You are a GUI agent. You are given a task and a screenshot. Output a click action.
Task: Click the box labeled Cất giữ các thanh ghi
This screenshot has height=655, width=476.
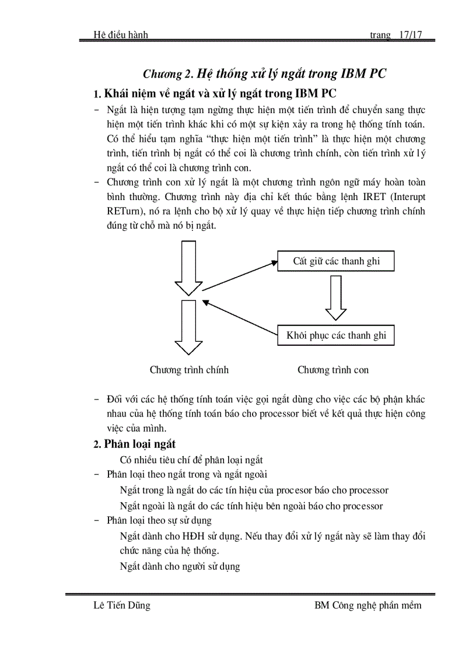(336, 261)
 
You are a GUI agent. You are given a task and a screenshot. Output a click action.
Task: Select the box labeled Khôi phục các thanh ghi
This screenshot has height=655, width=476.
(336, 335)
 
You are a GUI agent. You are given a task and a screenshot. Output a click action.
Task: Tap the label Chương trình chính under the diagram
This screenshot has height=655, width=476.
(189, 370)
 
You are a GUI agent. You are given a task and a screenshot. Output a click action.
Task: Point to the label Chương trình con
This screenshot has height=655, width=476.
(333, 370)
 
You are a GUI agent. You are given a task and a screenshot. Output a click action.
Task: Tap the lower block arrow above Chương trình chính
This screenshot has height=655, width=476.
(188, 327)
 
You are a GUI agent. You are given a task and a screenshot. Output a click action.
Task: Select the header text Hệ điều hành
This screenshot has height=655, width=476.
(121, 35)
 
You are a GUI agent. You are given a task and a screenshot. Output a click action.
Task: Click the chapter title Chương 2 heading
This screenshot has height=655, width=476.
(265, 73)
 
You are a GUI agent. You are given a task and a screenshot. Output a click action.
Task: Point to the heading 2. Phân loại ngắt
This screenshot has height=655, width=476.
(135, 444)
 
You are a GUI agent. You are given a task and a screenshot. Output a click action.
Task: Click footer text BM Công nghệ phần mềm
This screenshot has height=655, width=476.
(367, 605)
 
